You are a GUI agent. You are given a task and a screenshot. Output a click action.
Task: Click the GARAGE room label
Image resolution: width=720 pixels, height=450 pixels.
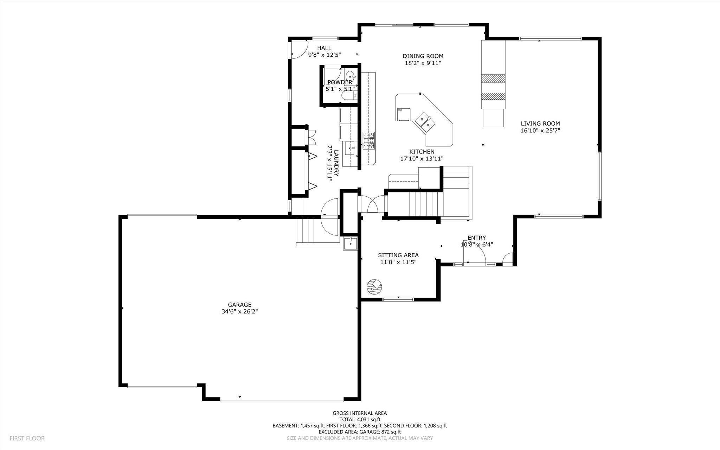pyautogui.click(x=239, y=305)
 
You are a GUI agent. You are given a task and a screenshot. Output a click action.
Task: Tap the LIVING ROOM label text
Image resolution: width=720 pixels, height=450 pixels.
pyautogui.click(x=540, y=123)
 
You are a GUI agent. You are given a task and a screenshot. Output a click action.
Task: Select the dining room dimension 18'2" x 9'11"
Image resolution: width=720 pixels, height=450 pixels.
pyautogui.click(x=423, y=63)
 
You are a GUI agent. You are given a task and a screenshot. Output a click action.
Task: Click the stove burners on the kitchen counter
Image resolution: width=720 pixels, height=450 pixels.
pyautogui.click(x=369, y=140)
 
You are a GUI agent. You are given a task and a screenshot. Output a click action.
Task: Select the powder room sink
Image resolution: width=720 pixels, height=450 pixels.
pyautogui.click(x=351, y=76)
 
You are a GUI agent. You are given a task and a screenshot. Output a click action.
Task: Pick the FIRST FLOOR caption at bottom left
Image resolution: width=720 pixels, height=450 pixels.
pyautogui.click(x=27, y=438)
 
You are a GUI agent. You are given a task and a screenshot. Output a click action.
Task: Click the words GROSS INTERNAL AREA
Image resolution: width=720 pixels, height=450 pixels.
pyautogui.click(x=360, y=413)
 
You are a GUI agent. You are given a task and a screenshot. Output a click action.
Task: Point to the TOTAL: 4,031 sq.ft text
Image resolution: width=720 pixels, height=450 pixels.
pyautogui.click(x=360, y=419)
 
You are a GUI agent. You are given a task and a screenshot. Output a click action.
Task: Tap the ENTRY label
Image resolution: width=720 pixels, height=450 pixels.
pyautogui.click(x=476, y=238)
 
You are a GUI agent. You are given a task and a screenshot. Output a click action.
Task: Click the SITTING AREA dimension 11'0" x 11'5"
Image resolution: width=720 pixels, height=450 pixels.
pyautogui.click(x=398, y=262)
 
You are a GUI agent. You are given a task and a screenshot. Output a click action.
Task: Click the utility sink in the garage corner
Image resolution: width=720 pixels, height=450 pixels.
pyautogui.click(x=351, y=243)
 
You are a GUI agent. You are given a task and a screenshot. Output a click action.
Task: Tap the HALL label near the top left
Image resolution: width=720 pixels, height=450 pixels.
pyautogui.click(x=324, y=48)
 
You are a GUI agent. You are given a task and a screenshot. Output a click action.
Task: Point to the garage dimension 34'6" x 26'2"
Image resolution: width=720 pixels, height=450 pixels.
pyautogui.click(x=239, y=311)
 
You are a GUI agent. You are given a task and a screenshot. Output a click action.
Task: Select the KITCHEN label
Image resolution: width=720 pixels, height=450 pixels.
pyautogui.click(x=422, y=152)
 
